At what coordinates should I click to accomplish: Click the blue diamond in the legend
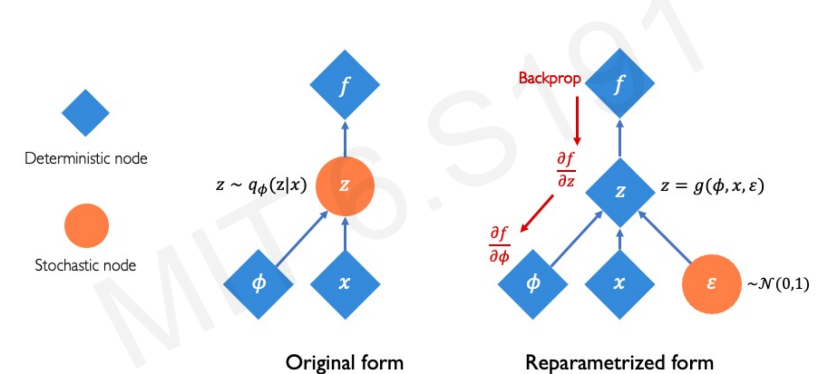[85, 113]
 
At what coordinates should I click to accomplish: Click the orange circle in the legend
[87, 225]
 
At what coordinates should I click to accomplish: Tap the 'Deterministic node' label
[86, 158]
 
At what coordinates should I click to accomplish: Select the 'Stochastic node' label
[85, 265]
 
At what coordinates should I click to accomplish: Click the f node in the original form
[345, 85]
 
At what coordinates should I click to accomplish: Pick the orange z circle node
[345, 186]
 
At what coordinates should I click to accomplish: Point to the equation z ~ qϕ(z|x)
[261, 186]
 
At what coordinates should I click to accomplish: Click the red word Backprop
[549, 78]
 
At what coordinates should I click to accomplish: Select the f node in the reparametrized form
[620, 83]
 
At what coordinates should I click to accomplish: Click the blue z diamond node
[620, 192]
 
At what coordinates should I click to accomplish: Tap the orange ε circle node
[711, 284]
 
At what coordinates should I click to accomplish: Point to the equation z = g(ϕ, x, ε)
[712, 186]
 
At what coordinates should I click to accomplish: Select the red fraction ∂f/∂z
[566, 169]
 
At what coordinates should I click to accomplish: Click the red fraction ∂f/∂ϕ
[499, 245]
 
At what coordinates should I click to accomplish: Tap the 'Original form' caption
[344, 362]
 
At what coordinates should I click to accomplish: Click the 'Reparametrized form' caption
[619, 362]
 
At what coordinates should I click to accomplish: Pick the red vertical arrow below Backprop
[577, 120]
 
